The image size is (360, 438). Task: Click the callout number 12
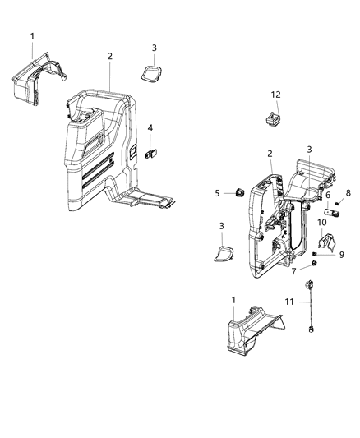pyautogui.click(x=276, y=96)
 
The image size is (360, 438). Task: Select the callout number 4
pyautogui.click(x=150, y=127)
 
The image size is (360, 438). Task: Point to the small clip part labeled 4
pyautogui.click(x=150, y=152)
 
